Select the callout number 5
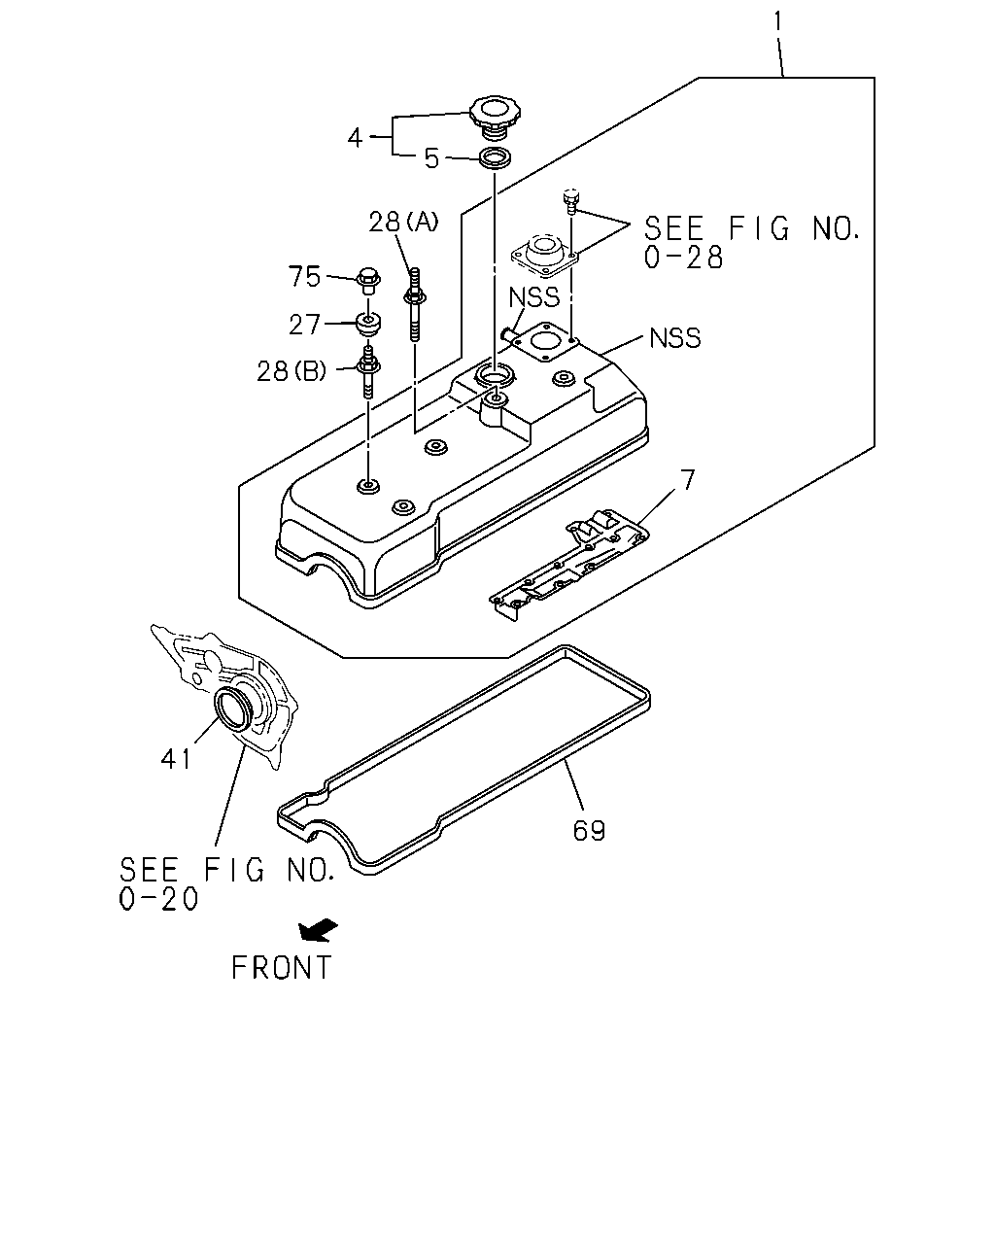431,157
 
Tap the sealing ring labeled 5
495,158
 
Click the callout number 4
355,138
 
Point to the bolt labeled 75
367,281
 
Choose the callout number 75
305,276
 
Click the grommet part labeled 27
367,325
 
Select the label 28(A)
403,222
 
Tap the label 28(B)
292,371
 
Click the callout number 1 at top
777,22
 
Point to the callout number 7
687,480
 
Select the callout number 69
589,831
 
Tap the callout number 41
176,759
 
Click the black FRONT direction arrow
318,930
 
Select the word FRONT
282,967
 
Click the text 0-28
683,258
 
